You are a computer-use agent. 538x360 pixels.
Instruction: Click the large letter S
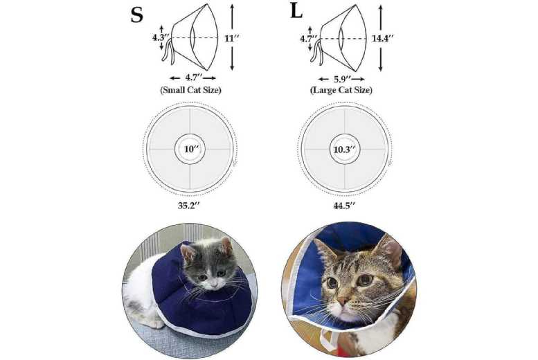[x=137, y=15]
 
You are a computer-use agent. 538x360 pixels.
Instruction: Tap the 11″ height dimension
[x=251, y=38]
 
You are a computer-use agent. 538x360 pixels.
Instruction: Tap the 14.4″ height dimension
[x=402, y=38]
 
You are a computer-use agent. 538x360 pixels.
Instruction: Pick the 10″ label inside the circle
[x=190, y=149]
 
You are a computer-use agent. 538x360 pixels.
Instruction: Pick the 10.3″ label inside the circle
[x=344, y=149]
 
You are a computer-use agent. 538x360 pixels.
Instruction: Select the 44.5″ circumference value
[x=344, y=206]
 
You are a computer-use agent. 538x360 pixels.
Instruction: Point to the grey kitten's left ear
[x=225, y=246]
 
